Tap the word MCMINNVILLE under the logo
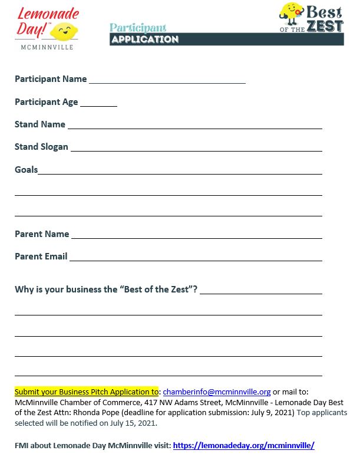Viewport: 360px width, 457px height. coord(47,47)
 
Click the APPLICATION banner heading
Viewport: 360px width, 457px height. coord(144,40)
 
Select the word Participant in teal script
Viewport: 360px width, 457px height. coord(138,28)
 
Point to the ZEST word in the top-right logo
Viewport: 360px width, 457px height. coord(325,25)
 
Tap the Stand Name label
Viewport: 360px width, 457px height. coord(40,124)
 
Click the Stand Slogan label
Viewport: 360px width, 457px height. coord(41,147)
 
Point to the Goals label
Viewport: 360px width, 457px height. coord(26,170)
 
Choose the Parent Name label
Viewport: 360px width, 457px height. coord(42,234)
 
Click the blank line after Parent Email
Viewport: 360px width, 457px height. coord(196,258)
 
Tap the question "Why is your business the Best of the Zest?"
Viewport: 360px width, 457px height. coord(106,290)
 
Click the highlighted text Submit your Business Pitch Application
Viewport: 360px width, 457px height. coord(86,392)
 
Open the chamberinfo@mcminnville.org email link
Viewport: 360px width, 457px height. coord(217,392)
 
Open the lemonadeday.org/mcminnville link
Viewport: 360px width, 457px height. coord(244,445)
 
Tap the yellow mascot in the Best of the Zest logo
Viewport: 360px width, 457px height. coord(290,15)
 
